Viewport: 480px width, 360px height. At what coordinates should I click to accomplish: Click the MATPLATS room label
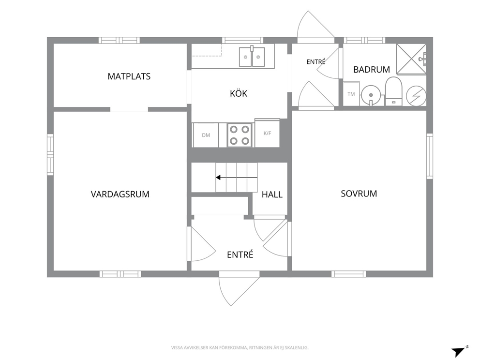(129, 76)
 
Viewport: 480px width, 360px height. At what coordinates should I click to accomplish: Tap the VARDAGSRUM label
(120, 194)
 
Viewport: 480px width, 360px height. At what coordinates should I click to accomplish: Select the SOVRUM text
(359, 194)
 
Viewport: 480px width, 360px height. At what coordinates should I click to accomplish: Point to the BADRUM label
(371, 70)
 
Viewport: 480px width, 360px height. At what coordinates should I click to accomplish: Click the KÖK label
(239, 93)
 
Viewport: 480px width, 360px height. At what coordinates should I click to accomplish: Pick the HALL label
(272, 195)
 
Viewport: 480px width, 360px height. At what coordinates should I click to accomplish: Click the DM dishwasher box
(206, 135)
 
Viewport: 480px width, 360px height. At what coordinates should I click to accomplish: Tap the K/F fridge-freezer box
(267, 133)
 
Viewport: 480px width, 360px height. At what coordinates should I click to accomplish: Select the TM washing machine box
(351, 94)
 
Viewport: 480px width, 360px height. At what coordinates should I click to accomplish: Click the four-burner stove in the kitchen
(240, 135)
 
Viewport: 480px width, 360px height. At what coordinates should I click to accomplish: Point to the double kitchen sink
(252, 57)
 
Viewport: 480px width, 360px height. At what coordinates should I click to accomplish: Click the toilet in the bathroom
(393, 91)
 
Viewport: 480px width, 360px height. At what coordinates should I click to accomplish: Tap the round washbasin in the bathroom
(371, 95)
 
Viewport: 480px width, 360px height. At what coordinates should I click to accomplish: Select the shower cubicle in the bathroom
(411, 59)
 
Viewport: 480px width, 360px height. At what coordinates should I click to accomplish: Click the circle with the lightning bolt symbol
(416, 96)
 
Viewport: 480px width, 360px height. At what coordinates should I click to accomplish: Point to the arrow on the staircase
(236, 178)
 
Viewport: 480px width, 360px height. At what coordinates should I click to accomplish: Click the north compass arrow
(458, 351)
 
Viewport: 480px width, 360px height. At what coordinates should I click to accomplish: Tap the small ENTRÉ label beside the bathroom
(316, 62)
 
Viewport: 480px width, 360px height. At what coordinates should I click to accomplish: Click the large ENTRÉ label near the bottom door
(240, 255)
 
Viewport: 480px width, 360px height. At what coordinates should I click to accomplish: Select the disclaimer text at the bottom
(240, 347)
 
